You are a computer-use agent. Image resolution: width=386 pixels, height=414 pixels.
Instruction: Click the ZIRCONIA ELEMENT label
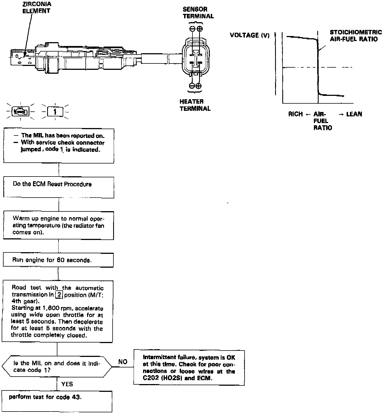coord(36,7)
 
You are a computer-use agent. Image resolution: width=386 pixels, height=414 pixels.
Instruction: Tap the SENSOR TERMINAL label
coord(198,13)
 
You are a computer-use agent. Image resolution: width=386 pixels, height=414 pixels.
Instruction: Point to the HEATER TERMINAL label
coord(195,105)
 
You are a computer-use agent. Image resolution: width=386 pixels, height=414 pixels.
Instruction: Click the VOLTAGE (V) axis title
coord(250,35)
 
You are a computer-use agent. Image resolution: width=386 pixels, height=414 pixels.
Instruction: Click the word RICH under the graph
coord(295,114)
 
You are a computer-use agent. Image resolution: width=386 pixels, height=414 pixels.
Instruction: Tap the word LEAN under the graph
coord(354,114)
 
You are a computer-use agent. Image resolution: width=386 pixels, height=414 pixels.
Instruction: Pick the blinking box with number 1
coord(55,112)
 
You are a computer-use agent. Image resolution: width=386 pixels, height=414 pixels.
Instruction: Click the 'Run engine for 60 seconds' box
coord(58,260)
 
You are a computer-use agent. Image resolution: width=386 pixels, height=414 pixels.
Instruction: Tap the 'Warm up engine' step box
coord(58,225)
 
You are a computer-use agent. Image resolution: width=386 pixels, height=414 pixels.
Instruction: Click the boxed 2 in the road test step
coord(59,295)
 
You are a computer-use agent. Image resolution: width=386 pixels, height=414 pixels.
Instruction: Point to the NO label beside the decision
coord(123,362)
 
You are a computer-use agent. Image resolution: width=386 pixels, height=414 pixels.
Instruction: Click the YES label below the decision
coord(67,384)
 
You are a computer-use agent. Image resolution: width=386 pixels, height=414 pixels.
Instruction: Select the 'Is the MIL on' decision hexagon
coord(57,367)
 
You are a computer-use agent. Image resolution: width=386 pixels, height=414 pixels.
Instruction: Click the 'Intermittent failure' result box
coord(189,368)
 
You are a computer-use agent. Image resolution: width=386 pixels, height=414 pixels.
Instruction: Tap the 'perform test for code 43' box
coord(57,401)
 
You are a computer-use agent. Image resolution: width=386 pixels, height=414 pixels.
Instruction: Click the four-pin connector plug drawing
coord(196,59)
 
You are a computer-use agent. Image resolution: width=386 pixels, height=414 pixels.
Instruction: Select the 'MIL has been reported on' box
coord(59,145)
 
